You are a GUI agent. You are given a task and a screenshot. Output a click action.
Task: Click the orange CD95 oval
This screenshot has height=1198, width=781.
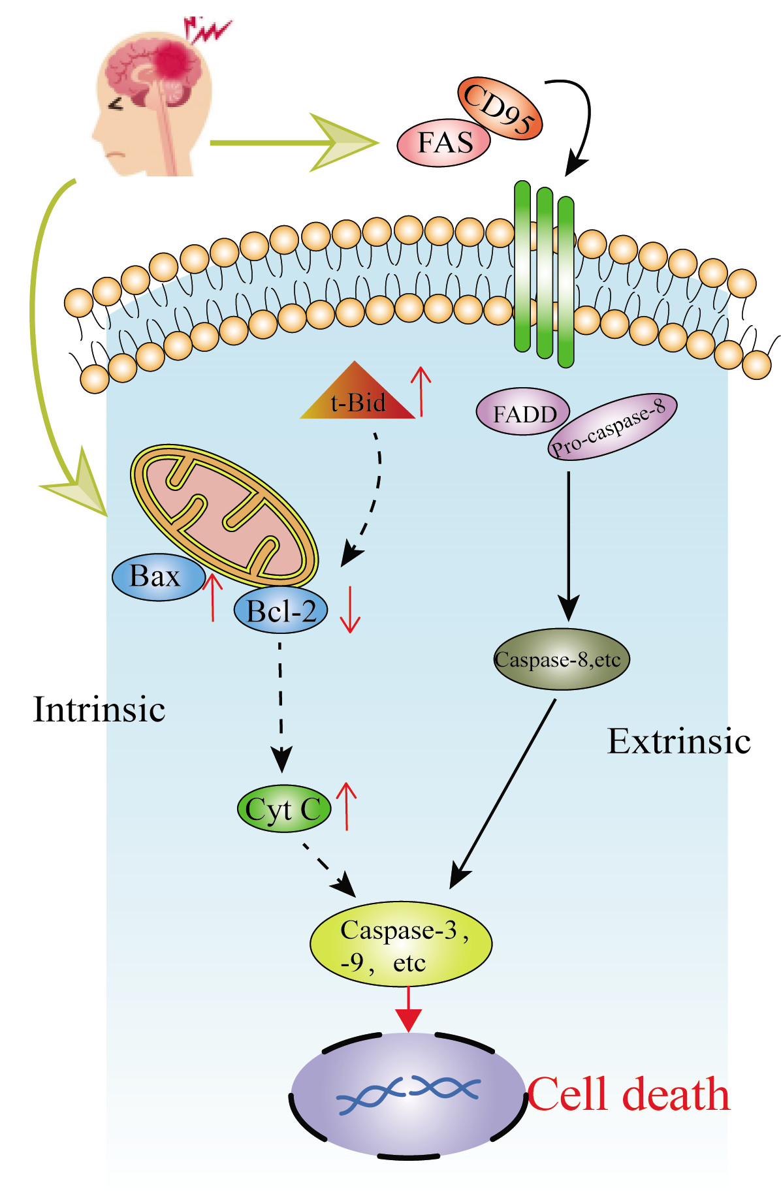500,108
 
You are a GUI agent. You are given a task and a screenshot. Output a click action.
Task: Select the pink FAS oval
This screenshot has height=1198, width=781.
444,142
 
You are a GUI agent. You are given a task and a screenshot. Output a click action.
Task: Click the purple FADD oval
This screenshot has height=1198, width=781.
523,413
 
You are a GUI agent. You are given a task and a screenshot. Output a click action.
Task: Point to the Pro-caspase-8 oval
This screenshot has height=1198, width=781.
612,427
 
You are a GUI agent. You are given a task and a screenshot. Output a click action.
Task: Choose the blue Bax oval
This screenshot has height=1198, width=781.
157,577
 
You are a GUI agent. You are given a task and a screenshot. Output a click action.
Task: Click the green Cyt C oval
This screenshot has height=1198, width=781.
283,809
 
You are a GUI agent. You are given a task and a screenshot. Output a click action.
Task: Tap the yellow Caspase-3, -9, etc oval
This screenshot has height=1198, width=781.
400,944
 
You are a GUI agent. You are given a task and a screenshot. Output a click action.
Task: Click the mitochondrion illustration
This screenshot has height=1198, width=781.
224,516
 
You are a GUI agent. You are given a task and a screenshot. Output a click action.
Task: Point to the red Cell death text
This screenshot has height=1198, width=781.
628,1096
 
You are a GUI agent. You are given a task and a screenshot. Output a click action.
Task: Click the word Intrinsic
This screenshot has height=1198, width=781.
99,710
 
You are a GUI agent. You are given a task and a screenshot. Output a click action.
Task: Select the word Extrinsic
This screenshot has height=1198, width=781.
678,742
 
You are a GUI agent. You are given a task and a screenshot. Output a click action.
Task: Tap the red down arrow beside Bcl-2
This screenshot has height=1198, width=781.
351,610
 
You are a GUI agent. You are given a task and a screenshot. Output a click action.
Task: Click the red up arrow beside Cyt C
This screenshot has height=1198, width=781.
346,807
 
